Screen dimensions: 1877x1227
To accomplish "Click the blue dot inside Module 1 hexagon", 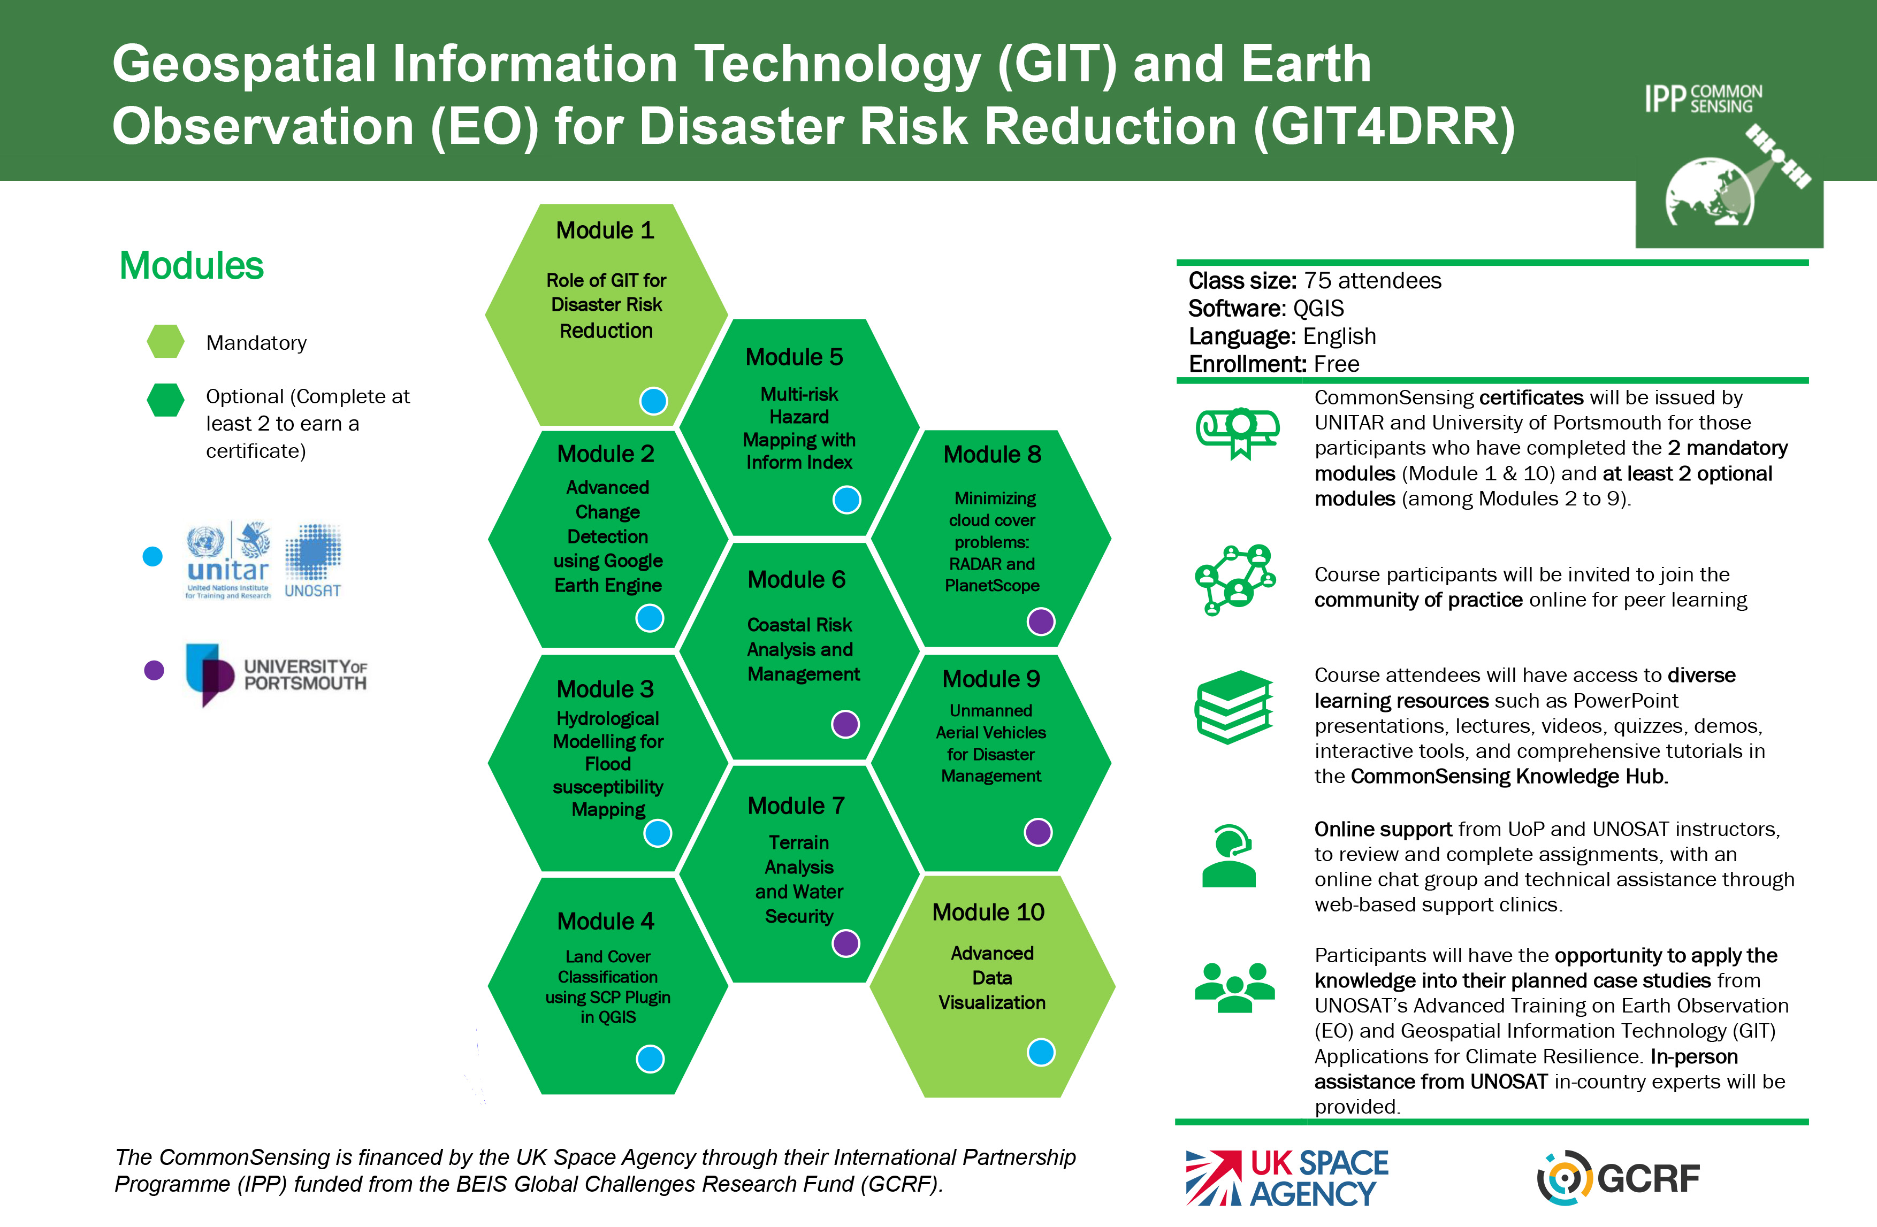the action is coord(653,401).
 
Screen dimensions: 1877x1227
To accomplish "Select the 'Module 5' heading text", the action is coord(794,357).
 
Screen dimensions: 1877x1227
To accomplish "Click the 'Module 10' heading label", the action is coord(988,912).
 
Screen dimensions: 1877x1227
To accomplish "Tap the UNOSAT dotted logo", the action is coord(313,560).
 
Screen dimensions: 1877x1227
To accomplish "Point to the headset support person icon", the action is coord(1229,856).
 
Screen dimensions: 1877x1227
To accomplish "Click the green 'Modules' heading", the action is coord(192,266).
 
